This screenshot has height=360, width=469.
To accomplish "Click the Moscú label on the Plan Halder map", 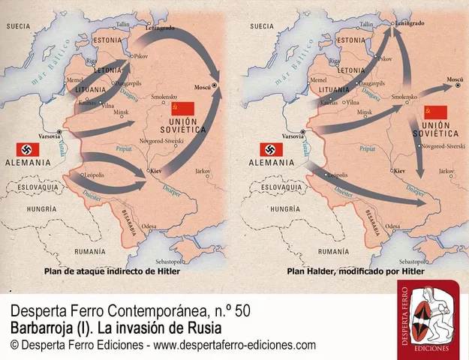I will click(455, 79).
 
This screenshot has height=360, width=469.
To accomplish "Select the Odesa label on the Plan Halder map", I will click(392, 225).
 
